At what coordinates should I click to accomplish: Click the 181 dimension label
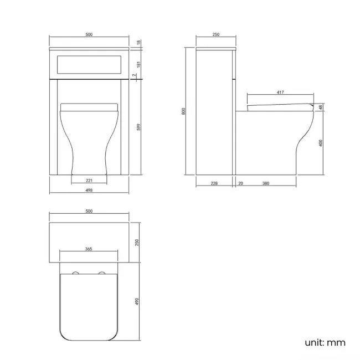[x=138, y=64]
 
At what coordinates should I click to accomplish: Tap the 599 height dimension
[x=138, y=127]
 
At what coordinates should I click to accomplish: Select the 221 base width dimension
[x=89, y=181]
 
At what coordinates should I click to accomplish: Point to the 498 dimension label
[x=89, y=190]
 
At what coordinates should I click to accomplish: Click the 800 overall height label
[x=183, y=111]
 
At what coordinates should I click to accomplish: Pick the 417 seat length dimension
[x=280, y=92]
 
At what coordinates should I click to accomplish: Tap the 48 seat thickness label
[x=321, y=107]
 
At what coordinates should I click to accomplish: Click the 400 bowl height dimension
[x=321, y=143]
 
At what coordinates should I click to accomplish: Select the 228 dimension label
[x=214, y=183]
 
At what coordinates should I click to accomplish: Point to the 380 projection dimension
[x=266, y=183]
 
